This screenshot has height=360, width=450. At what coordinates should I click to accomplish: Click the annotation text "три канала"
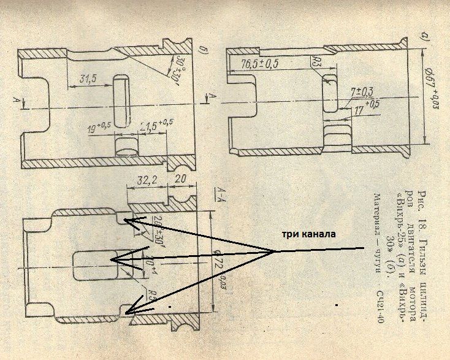(309, 234)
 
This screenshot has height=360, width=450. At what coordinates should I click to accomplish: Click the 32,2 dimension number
(143, 182)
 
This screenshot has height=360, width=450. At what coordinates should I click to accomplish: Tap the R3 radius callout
(315, 59)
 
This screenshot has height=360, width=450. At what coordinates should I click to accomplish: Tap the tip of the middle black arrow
(110, 260)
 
